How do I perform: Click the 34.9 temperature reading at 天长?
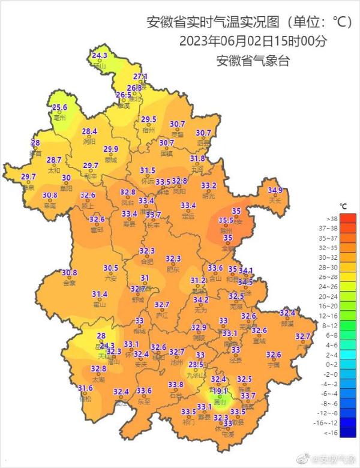(275, 190)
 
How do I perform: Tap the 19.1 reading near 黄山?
(220, 391)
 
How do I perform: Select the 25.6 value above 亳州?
(59, 107)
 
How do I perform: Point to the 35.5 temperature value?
(226, 220)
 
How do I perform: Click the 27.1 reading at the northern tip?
(140, 77)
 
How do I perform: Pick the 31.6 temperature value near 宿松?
(85, 389)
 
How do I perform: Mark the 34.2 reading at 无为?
(201, 299)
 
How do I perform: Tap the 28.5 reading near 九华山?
(196, 364)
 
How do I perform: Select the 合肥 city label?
(146, 262)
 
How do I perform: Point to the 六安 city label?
(110, 278)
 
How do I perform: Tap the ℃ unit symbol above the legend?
(343, 205)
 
